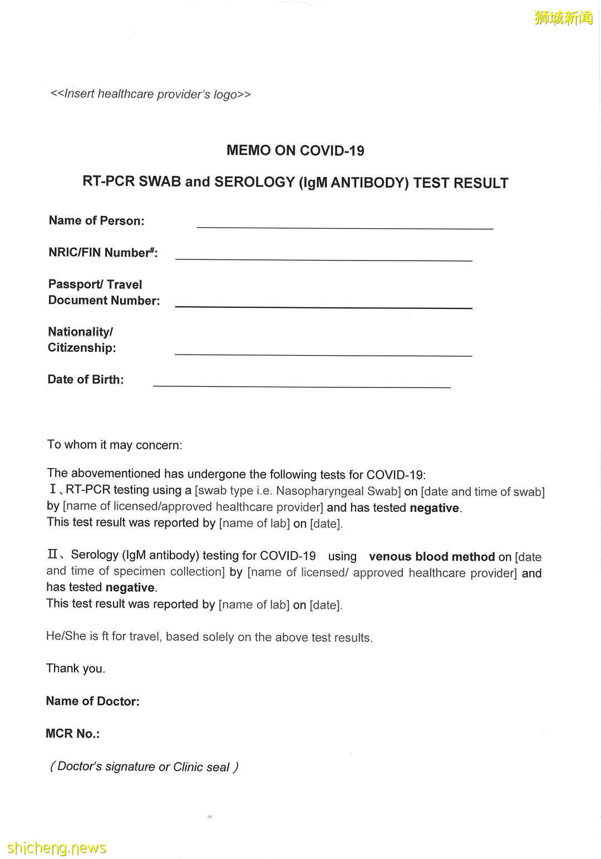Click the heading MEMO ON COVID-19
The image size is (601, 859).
tap(295, 150)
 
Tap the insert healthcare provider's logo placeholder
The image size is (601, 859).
tap(150, 94)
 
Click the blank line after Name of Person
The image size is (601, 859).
tap(344, 225)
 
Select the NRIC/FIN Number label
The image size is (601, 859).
tap(103, 253)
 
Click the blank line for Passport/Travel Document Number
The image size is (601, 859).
tap(323, 305)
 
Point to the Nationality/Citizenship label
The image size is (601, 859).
tap(82, 340)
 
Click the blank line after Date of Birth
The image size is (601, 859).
tap(301, 384)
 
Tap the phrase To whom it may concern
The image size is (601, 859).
tap(114, 445)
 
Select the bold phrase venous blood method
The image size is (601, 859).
tap(432, 557)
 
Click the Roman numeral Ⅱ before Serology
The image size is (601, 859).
tap(52, 554)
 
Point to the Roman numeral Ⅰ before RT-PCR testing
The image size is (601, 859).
tap(53, 490)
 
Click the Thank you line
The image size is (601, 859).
tap(75, 668)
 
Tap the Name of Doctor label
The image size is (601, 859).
tap(92, 701)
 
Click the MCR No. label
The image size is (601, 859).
tap(72, 734)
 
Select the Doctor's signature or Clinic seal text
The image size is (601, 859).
tap(144, 767)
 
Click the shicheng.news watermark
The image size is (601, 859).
tap(57, 848)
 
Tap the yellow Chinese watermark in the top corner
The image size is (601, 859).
tap(563, 18)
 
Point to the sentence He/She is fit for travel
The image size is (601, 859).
tap(209, 637)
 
